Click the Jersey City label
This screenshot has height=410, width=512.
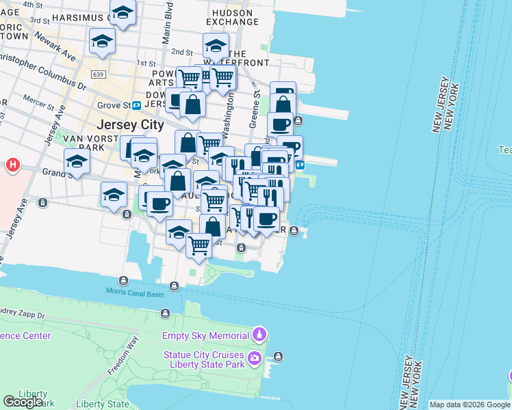pos(130,125)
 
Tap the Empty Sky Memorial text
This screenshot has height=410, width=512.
pos(205,336)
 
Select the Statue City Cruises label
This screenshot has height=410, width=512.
pos(203,355)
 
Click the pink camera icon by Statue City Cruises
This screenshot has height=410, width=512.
pos(255,357)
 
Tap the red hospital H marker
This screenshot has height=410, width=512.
pos(12,165)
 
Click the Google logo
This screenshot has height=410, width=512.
pos(23,402)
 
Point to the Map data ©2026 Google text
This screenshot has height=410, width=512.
pos(469,405)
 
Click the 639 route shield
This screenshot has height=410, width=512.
pos(97,73)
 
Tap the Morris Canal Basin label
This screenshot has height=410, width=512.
pos(135,292)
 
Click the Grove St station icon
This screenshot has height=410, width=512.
pos(137,105)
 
